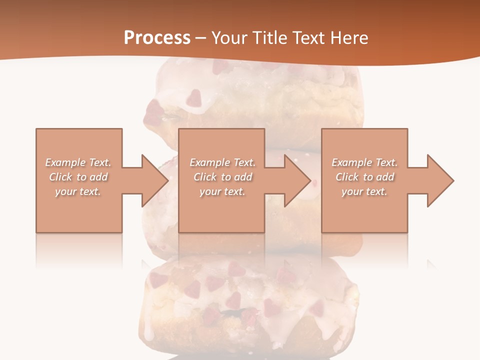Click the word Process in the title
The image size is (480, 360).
(x=157, y=38)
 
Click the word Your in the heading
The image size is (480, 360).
(x=229, y=38)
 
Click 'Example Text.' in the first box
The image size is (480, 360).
(x=78, y=162)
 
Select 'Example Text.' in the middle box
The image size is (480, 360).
(x=222, y=162)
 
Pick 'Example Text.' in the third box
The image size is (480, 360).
(x=364, y=162)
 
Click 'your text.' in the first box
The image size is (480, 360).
(x=78, y=191)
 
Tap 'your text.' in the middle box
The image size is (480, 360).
(x=222, y=191)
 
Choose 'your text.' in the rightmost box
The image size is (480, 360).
(x=364, y=191)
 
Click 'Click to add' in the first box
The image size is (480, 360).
(x=78, y=177)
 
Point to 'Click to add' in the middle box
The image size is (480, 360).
(x=223, y=177)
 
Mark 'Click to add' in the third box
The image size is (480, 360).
(x=365, y=177)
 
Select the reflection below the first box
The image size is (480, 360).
(x=79, y=250)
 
